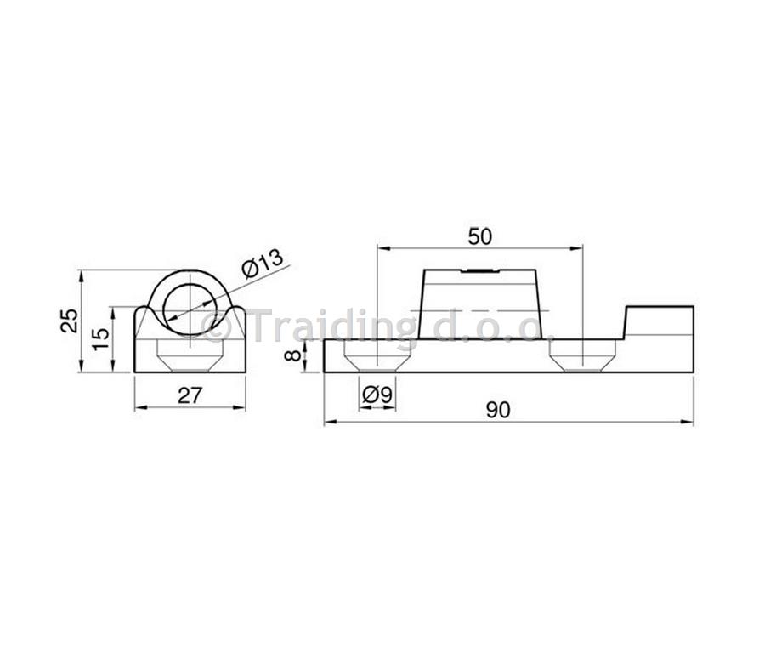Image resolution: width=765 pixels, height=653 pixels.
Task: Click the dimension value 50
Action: point(480,236)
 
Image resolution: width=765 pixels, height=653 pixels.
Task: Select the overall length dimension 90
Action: point(498,410)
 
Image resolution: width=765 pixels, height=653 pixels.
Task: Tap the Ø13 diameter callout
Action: point(263,263)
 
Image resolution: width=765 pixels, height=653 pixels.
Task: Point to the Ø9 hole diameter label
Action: point(377,395)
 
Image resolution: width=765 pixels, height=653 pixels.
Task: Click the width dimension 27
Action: point(190,395)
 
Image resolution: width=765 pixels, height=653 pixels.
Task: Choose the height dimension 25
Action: point(70,321)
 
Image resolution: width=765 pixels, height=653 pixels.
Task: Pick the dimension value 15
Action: point(101,338)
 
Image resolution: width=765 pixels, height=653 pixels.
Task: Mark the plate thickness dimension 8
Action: point(293,355)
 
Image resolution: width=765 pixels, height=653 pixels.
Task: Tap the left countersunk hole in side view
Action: point(377,355)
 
